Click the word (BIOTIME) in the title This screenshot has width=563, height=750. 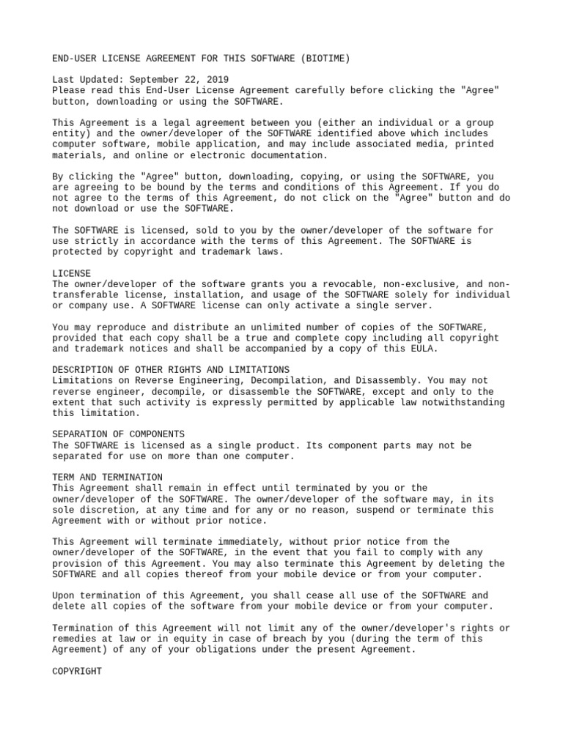tap(325, 58)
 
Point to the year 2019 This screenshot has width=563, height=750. tap(215, 79)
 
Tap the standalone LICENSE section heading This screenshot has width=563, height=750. tap(72, 273)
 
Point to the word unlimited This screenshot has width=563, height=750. tap(273, 327)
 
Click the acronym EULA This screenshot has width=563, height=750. tap(422, 349)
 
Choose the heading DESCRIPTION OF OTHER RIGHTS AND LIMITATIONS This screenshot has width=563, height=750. tap(171, 370)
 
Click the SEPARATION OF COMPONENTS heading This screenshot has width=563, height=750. tap(119, 434)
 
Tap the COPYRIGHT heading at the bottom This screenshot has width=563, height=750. tap(77, 671)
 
